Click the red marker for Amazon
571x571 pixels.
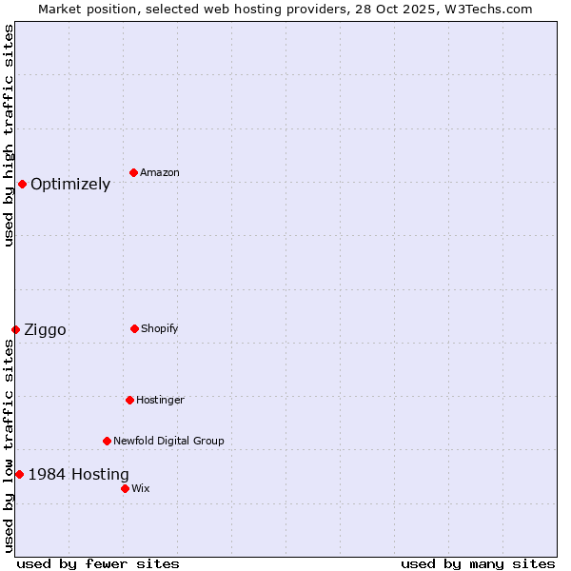(133, 172)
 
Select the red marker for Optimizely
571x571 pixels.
(22, 184)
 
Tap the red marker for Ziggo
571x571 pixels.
(15, 329)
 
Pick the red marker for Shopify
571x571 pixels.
(134, 328)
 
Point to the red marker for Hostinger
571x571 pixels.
(129, 400)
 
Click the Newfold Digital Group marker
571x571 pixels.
(107, 441)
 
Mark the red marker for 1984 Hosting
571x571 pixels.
(19, 474)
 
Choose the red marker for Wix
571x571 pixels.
(125, 488)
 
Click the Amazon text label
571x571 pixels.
(160, 172)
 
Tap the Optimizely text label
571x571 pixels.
(70, 185)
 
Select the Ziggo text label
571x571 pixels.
(45, 330)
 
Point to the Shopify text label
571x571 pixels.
(160, 328)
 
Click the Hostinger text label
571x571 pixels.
(160, 400)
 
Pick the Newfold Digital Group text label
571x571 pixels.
(168, 441)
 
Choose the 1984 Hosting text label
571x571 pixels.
(78, 475)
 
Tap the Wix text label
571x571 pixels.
(141, 488)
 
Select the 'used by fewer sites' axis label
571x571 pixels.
(98, 563)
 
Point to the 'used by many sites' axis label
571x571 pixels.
(478, 563)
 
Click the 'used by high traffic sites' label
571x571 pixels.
(9, 135)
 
